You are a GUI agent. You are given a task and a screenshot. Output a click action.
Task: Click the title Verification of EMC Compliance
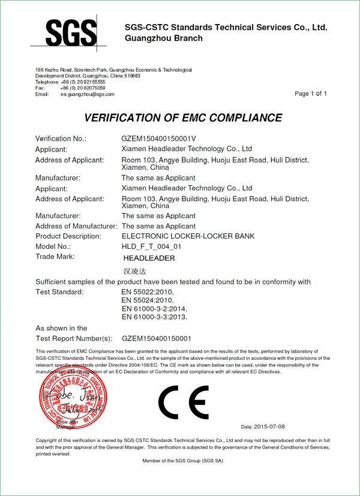183,118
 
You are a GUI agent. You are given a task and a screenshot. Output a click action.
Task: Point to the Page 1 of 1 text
311,94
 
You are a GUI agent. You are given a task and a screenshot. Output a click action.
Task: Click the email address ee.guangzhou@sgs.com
87,94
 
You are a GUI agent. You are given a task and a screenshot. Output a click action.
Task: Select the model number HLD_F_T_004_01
151,247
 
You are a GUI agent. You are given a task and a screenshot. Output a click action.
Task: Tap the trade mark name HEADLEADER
149,258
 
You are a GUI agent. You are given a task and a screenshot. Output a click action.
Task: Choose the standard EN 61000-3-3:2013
155,316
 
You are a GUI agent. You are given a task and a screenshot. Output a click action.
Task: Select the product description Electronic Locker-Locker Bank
188,236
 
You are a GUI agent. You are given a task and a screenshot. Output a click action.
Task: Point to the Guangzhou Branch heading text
163,38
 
